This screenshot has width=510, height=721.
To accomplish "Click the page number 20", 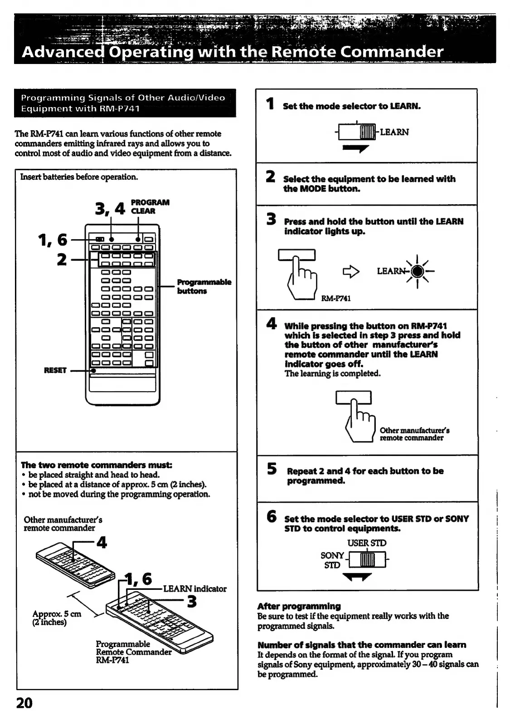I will tap(24, 703).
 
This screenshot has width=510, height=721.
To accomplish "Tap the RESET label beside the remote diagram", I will tap(55, 370).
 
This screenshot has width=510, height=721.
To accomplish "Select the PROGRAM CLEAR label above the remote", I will tap(150, 206).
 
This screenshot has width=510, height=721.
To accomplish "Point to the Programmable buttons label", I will tap(204, 286).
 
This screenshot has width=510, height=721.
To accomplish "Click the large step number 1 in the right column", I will tap(271, 104).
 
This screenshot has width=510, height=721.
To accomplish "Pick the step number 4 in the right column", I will tap(271, 324).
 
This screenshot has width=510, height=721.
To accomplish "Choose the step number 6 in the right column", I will tap(271, 516).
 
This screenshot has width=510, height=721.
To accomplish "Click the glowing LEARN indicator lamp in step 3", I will tap(417, 271).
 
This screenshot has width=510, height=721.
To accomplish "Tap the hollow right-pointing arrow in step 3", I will tap(350, 271).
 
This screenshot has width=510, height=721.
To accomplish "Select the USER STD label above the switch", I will tap(367, 543).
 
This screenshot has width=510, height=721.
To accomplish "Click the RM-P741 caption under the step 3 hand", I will tap(335, 298).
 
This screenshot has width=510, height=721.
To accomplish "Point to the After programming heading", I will tap(299, 606).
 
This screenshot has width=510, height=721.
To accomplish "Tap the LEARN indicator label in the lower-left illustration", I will tap(194, 589).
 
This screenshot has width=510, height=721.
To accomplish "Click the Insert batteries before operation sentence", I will tap(79, 177).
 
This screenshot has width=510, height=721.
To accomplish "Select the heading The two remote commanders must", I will tap(97, 465).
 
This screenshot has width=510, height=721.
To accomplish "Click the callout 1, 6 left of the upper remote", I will tap(53, 240).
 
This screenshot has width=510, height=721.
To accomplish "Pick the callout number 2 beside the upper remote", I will tap(61, 260).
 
